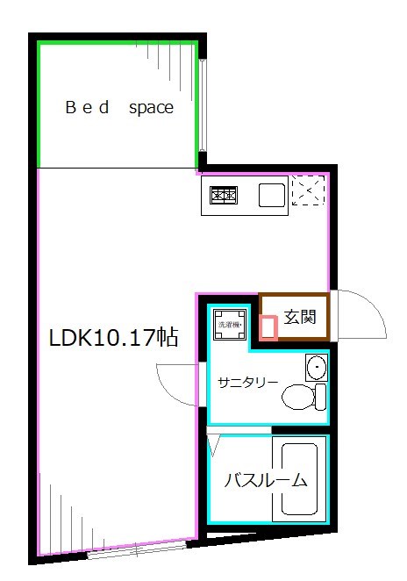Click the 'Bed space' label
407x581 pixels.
coord(120,109)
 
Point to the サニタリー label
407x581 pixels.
coord(248,382)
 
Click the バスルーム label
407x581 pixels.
coord(265,480)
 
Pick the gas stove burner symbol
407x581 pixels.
coord(223,197)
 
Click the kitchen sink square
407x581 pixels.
coord(271,195)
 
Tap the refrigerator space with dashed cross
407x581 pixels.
coord(307,190)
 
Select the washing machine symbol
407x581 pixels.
coord(229,323)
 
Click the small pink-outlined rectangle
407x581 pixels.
coord(270,327)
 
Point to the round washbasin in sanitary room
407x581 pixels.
coord(316,367)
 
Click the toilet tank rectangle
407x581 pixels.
coord(320,396)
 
